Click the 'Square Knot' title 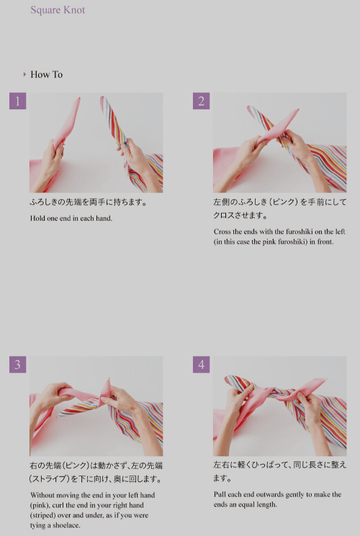[x=58, y=10]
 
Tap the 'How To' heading [x=47, y=75]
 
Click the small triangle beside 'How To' [x=24, y=74]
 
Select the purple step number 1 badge [x=18, y=101]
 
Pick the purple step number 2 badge [x=201, y=101]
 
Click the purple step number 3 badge [x=18, y=364]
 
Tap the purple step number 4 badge [x=201, y=364]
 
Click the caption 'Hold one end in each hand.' [x=71, y=218]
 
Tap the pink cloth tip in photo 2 [x=297, y=110]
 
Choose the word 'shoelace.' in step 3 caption [x=66, y=525]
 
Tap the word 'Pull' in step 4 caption [x=220, y=494]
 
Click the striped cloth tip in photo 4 [x=228, y=378]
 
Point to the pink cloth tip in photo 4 [x=325, y=380]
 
